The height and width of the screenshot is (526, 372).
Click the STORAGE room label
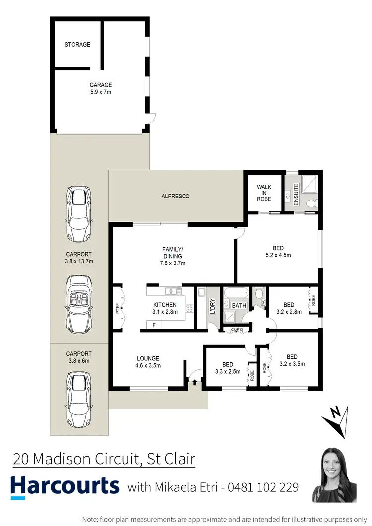coord(77,45)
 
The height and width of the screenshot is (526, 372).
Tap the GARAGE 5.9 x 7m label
coord(101,88)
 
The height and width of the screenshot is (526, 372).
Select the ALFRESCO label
coord(176,197)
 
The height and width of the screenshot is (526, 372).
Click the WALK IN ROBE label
coord(264,193)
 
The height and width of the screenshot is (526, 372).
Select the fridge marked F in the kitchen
coord(154,325)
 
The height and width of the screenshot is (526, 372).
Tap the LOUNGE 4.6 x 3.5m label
coord(148,362)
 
